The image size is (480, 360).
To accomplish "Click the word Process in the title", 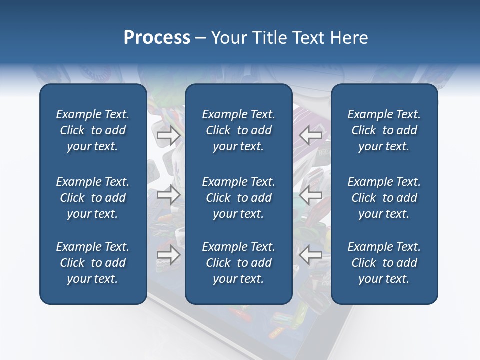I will click(157, 38).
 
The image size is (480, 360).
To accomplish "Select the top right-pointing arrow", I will click(168, 135).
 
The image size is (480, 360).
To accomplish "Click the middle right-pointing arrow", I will click(168, 195).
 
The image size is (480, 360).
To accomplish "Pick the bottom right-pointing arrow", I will click(168, 254).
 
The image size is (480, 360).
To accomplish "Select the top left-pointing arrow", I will click(311, 135).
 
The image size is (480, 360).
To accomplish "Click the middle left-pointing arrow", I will click(311, 195).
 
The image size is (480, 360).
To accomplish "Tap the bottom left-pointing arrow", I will click(311, 254).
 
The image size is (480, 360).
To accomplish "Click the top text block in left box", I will click(93, 130).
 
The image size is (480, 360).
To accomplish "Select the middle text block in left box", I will click(93, 198).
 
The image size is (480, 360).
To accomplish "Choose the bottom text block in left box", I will click(93, 263).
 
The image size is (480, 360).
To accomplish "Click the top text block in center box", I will click(238, 130).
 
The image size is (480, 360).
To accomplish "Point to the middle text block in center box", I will click(238, 198).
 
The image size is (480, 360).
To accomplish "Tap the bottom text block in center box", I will click(238, 263).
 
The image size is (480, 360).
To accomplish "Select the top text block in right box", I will click(384, 130).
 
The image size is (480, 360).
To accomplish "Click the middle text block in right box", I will click(384, 198).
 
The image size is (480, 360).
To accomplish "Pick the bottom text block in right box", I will click(384, 263).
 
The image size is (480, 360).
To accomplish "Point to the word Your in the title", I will click(228, 38).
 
